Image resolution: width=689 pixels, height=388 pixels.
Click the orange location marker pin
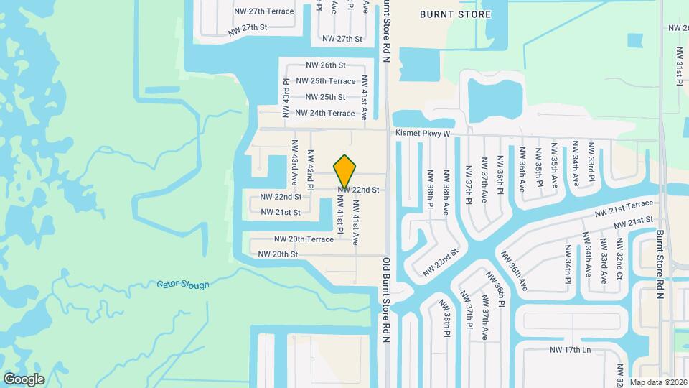click(x=345, y=171)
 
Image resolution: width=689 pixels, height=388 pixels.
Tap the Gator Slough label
click(x=183, y=285)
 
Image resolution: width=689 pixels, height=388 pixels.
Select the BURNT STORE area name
click(x=456, y=14)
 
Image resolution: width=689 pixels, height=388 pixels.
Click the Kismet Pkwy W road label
click(x=422, y=134)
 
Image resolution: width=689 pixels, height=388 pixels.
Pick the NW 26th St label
click(x=326, y=65)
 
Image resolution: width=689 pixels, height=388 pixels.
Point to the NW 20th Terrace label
click(x=304, y=239)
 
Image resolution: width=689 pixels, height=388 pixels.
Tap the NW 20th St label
click(x=278, y=254)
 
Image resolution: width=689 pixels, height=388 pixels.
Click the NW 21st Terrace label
click(x=624, y=208)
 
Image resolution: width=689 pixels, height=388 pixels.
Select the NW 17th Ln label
click(x=570, y=350)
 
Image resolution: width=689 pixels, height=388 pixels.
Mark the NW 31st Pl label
click(x=679, y=67)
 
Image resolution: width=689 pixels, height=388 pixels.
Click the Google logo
click(x=24, y=379)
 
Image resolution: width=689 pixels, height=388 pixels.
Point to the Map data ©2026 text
click(x=659, y=382)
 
